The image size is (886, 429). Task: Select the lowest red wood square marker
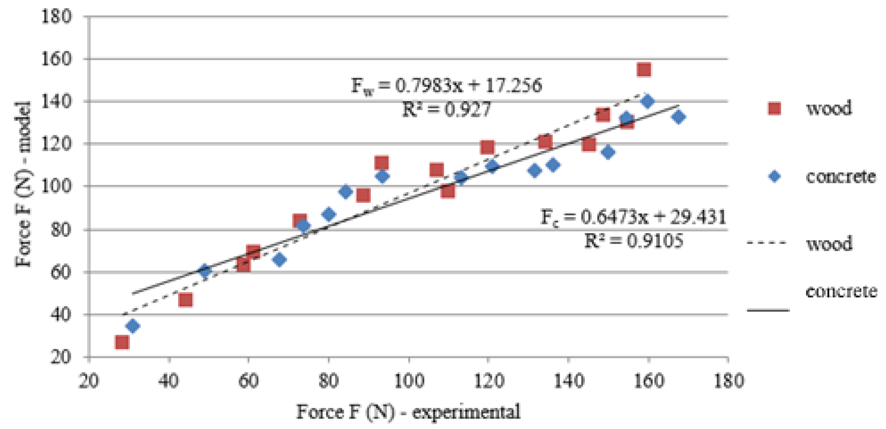122,342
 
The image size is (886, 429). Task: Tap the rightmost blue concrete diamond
678,117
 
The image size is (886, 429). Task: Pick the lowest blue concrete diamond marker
133,326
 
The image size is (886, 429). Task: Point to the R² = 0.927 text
446,109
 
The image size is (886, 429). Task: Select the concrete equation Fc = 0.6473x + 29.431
633,217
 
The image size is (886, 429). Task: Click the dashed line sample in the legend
767,243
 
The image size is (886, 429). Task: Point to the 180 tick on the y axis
57,17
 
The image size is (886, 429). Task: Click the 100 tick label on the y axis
57,186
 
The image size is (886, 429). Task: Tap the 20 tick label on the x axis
89,381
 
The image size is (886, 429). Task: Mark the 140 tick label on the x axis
568,381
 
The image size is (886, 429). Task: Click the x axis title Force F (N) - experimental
408,412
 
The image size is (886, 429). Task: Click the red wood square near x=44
185,300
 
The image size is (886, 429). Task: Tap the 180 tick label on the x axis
728,381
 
